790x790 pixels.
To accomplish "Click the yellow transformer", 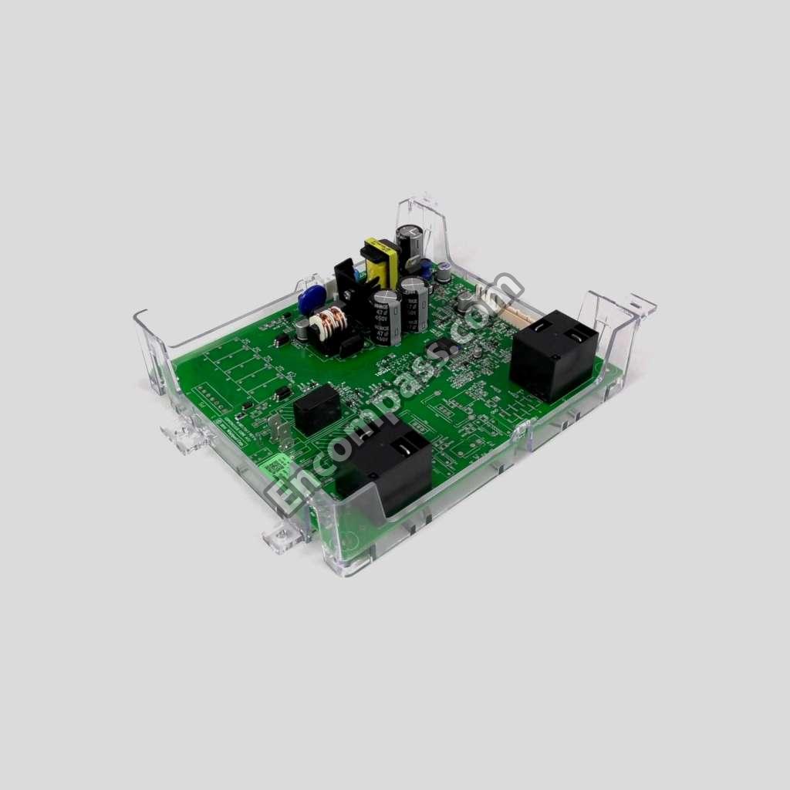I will click(380, 262).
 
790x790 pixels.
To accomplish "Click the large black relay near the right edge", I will click(552, 354).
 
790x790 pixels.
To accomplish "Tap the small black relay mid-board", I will click(316, 409).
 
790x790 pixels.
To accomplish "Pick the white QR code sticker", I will click(275, 466).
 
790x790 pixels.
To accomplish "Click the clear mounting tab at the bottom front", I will click(283, 535).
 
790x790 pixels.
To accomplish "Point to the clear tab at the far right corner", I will click(640, 305).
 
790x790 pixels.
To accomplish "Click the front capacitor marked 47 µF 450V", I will click(385, 316).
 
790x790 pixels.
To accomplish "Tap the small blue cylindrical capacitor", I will click(426, 267).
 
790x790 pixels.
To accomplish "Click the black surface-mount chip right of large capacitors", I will click(444, 346).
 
